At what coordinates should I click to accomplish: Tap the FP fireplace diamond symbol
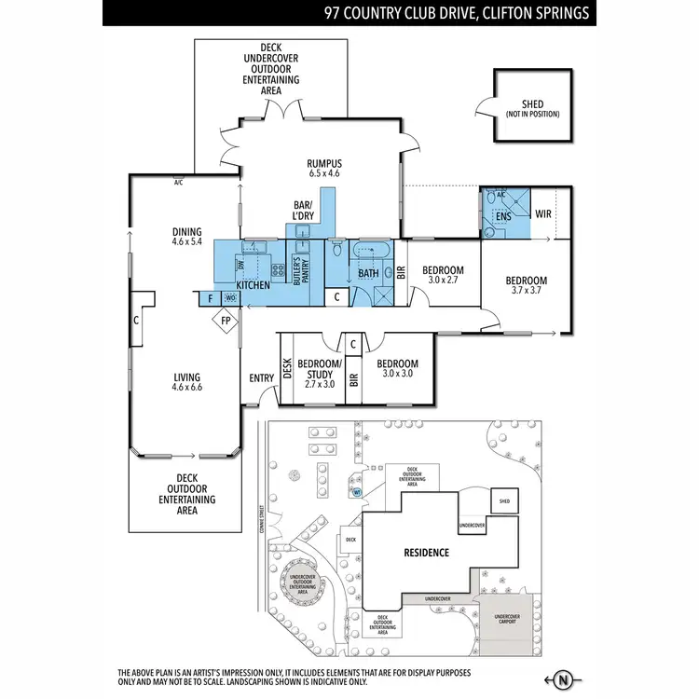click(226, 322)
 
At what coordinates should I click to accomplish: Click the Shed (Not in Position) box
click(532, 108)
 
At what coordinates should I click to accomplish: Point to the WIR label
click(544, 214)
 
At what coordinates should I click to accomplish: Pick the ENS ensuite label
click(503, 217)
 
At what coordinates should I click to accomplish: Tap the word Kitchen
click(253, 284)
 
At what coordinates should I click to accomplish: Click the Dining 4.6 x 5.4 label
click(186, 237)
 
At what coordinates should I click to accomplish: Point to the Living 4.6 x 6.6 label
click(186, 382)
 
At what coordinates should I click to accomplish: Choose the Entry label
click(261, 377)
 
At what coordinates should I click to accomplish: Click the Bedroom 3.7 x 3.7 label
click(527, 285)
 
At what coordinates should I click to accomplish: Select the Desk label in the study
click(287, 370)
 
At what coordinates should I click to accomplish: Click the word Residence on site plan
click(426, 553)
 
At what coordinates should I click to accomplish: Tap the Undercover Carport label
click(507, 619)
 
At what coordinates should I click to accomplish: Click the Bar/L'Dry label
click(304, 211)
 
